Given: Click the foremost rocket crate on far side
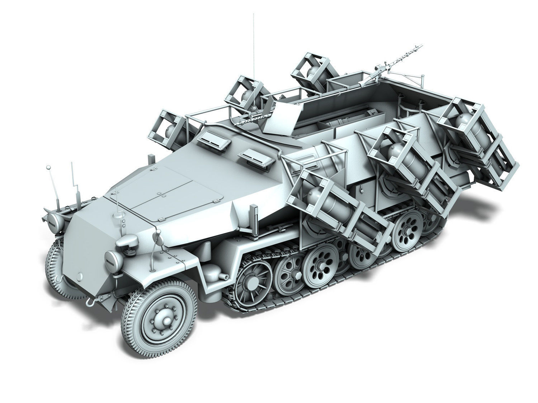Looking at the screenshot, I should pyautogui.click(x=169, y=125).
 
